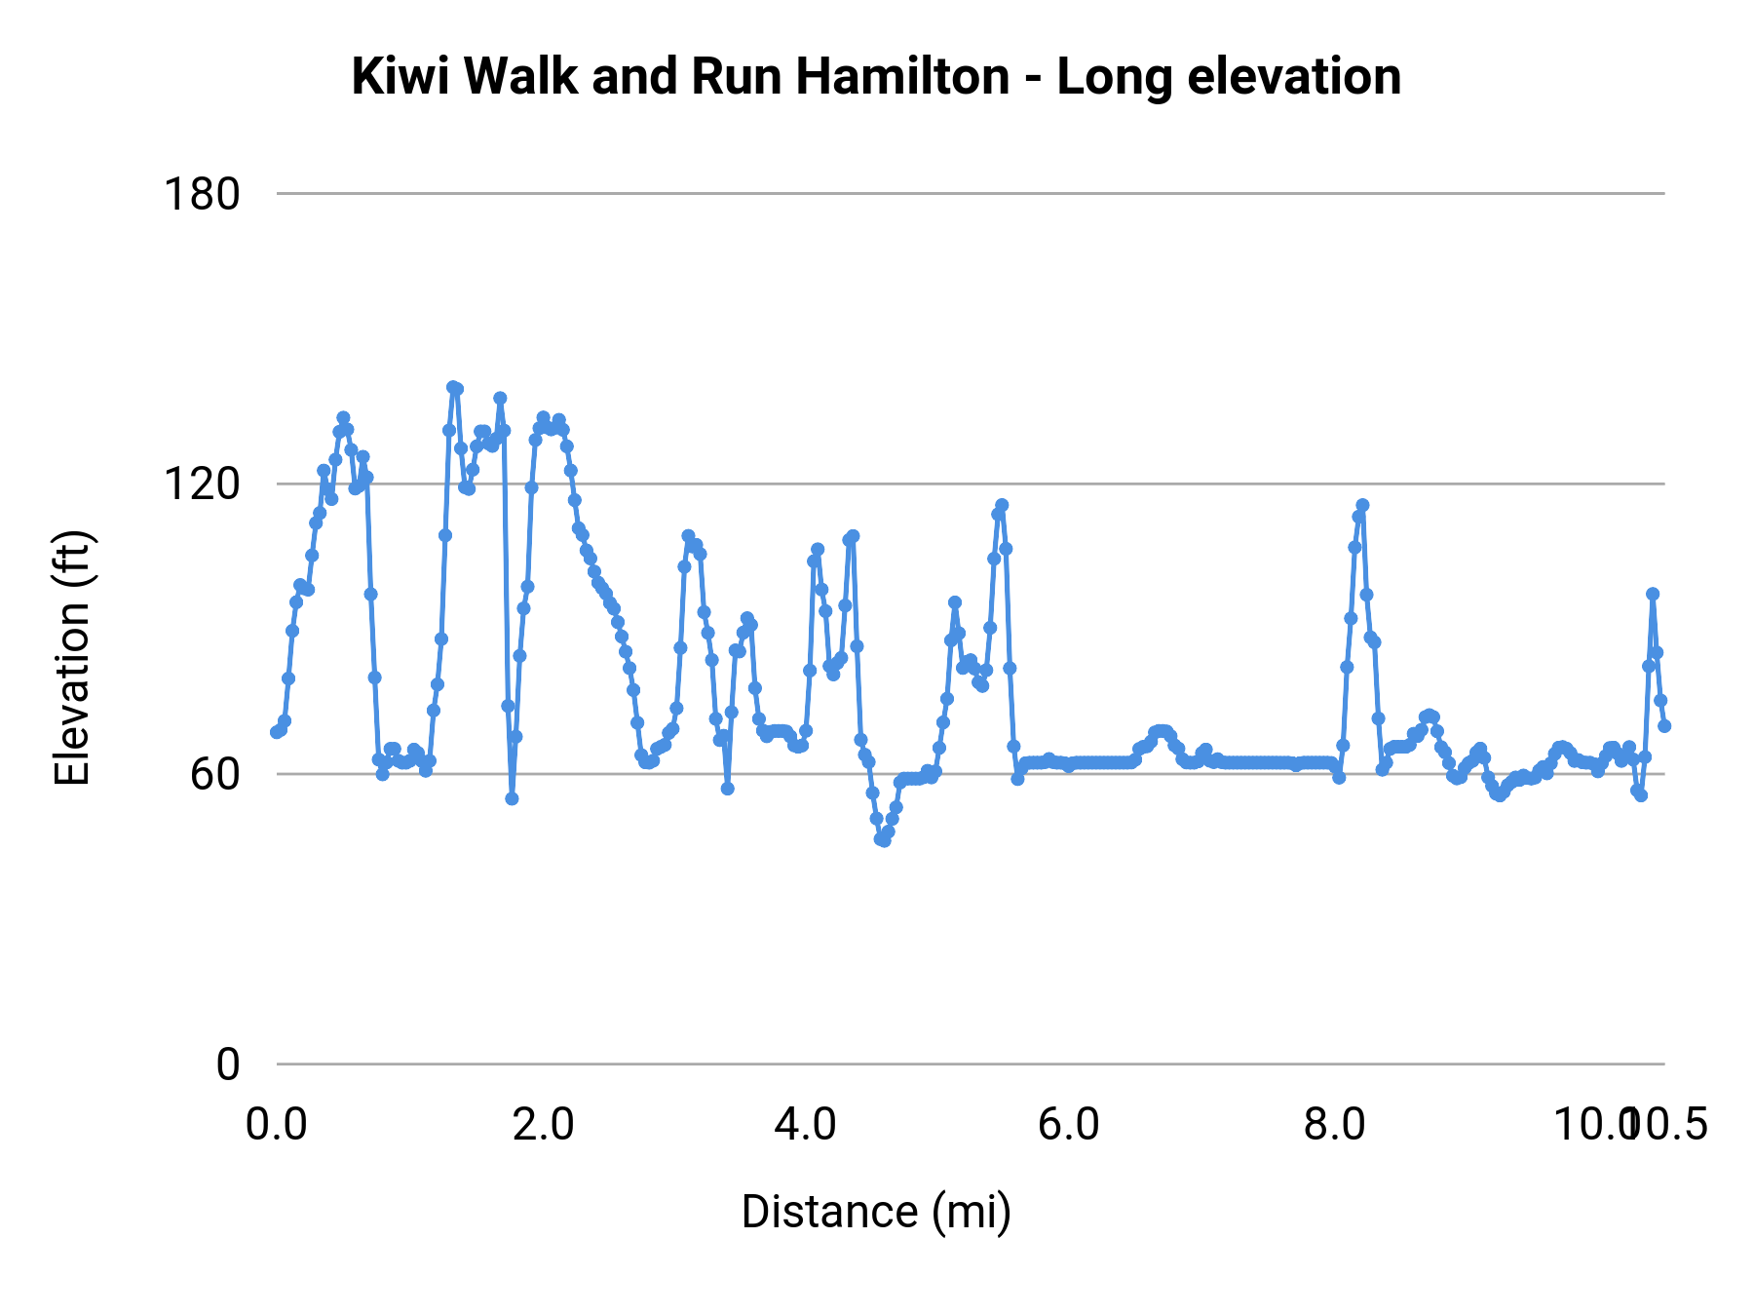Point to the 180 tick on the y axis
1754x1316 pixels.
202,194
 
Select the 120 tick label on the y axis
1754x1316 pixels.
202,484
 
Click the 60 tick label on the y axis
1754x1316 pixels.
214,774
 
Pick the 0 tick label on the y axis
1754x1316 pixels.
227,1064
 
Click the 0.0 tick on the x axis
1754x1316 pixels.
277,1125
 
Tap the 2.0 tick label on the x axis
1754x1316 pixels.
543,1125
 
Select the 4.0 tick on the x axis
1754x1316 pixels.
806,1125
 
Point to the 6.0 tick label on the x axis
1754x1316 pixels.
1069,1125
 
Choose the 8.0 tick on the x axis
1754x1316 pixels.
1334,1125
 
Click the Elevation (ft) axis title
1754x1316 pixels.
72,658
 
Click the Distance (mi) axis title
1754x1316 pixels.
876,1212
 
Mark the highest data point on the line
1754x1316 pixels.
452,387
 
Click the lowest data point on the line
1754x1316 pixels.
884,840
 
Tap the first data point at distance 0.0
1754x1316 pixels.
277,732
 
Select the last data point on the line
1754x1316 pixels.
1664,726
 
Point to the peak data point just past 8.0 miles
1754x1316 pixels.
1362,505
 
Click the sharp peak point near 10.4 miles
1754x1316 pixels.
1652,594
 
